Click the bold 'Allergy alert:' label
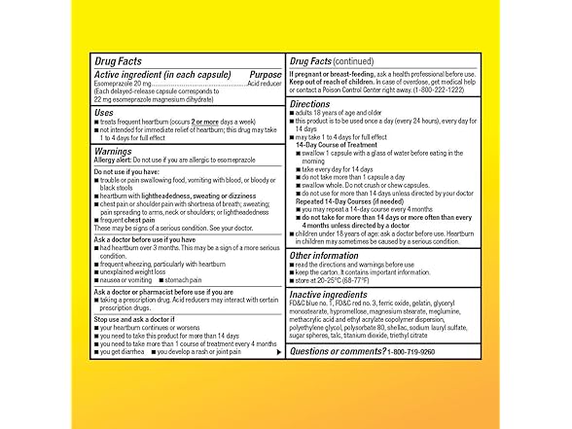(x=114, y=161)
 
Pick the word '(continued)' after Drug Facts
(x=358, y=60)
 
